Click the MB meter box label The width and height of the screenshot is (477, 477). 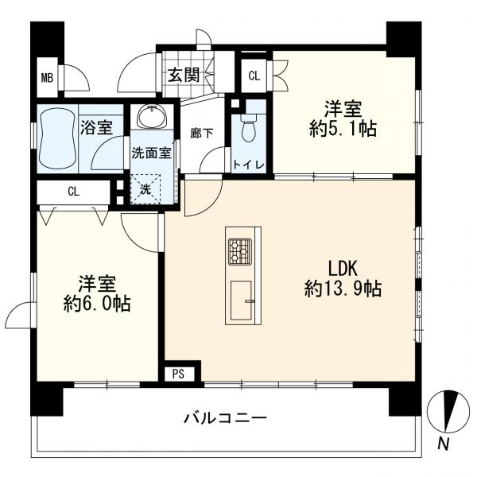pyautogui.click(x=47, y=78)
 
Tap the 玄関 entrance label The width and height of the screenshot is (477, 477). pyautogui.click(x=184, y=75)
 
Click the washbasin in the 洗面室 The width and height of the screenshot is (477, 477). pyautogui.click(x=152, y=117)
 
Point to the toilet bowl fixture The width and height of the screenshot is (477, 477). pyautogui.click(x=249, y=128)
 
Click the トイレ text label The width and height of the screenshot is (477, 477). pyautogui.click(x=248, y=165)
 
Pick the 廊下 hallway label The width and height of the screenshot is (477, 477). pyautogui.click(x=202, y=134)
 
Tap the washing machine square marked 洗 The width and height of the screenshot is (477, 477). pyautogui.click(x=145, y=189)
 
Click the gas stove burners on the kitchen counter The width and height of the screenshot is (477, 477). pyautogui.click(x=240, y=251)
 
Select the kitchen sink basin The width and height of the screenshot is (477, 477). pyautogui.click(x=241, y=301)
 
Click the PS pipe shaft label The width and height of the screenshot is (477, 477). pyautogui.click(x=179, y=374)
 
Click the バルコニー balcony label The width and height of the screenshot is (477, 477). pyautogui.click(x=226, y=418)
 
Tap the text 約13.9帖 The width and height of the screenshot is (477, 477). pyautogui.click(x=343, y=289)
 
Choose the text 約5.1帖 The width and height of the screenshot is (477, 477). pyautogui.click(x=343, y=129)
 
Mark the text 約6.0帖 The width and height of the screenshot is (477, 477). pyautogui.click(x=97, y=303)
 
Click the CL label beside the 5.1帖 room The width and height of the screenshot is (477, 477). pyautogui.click(x=254, y=76)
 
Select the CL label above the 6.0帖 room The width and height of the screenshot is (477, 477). pyautogui.click(x=74, y=192)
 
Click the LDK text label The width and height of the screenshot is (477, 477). pyautogui.click(x=343, y=269)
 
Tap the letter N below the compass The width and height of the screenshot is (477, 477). pyautogui.click(x=444, y=444)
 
